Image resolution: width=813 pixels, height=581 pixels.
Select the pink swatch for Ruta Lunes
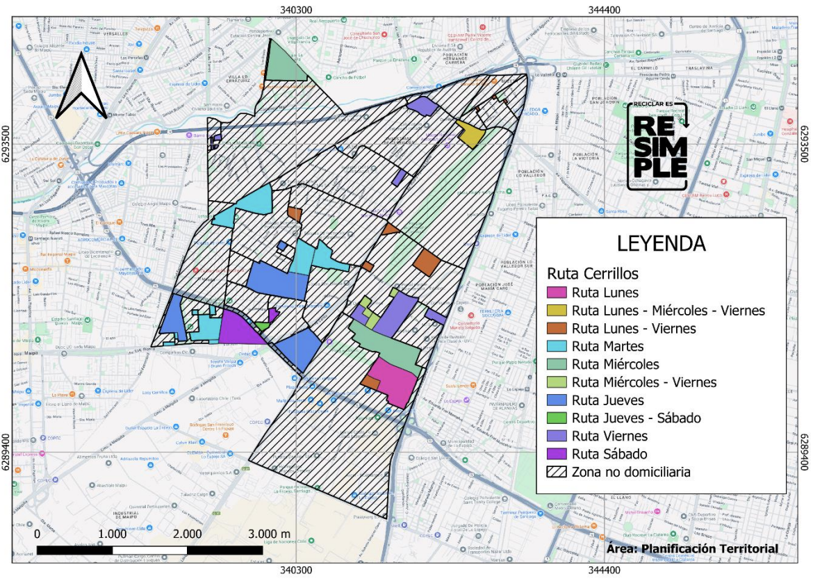557,293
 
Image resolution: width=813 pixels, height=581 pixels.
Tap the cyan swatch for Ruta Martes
557,346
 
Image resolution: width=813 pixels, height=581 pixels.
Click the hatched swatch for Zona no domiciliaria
557,473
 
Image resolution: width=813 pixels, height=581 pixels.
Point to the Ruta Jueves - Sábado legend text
636,418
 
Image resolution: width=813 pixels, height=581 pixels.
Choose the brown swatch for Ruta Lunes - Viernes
557,328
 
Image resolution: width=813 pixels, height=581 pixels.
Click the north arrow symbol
81,87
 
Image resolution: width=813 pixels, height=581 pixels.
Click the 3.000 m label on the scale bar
271,534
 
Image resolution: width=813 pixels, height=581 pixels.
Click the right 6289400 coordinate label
805,451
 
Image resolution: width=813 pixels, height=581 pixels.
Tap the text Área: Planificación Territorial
692,549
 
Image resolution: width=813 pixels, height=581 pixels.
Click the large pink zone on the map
394,379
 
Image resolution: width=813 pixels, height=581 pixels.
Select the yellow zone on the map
470,134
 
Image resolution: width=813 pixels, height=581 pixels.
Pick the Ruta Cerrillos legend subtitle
593,273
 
